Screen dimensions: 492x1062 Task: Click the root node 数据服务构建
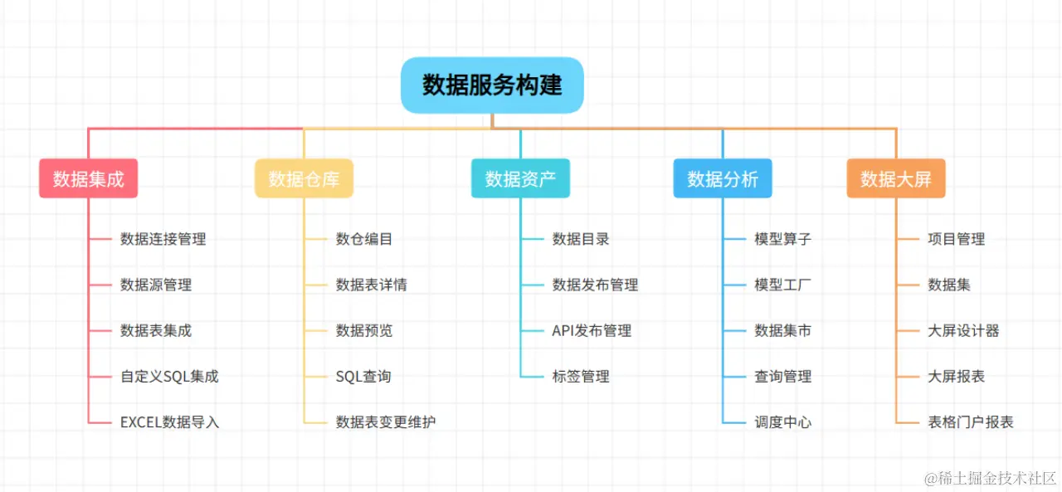(x=492, y=85)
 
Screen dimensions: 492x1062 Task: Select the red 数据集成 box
(x=88, y=178)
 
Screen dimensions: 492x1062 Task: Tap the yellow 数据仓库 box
(x=304, y=178)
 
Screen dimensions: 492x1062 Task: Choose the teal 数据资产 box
(x=520, y=178)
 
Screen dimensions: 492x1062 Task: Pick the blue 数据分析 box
(x=723, y=178)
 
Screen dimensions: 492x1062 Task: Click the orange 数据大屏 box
(x=896, y=178)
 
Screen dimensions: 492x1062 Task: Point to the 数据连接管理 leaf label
(x=163, y=239)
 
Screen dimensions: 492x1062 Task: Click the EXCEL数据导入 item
(x=169, y=422)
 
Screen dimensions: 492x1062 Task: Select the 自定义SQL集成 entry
(x=169, y=377)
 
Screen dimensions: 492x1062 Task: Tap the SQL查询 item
(x=363, y=377)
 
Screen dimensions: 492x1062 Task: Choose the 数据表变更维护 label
(x=385, y=422)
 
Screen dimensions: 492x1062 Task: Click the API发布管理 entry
(x=592, y=331)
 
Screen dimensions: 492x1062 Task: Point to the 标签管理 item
(x=581, y=377)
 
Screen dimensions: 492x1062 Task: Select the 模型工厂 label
(x=782, y=285)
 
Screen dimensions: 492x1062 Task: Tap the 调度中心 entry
(x=782, y=422)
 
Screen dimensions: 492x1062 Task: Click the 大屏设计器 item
(x=963, y=331)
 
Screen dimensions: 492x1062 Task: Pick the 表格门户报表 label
(x=970, y=422)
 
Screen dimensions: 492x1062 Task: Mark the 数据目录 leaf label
(x=581, y=239)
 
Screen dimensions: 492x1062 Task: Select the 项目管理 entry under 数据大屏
(x=956, y=239)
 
